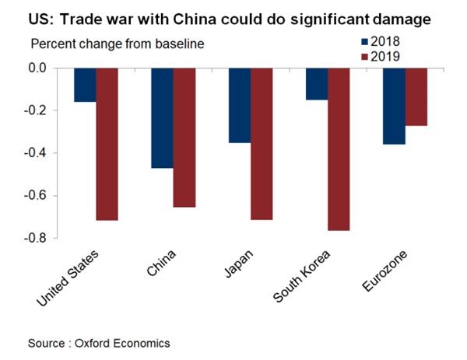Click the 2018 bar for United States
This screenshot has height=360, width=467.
(85, 85)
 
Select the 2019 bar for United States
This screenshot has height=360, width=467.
(107, 144)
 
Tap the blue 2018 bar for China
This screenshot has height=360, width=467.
(162, 117)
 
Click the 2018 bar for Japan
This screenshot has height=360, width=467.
(240, 105)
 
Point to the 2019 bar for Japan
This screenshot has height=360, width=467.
(262, 144)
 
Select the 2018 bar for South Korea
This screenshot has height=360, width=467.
(317, 84)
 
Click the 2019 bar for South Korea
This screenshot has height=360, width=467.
(339, 149)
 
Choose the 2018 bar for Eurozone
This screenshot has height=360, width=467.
(394, 106)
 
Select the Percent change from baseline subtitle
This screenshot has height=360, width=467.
(117, 44)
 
